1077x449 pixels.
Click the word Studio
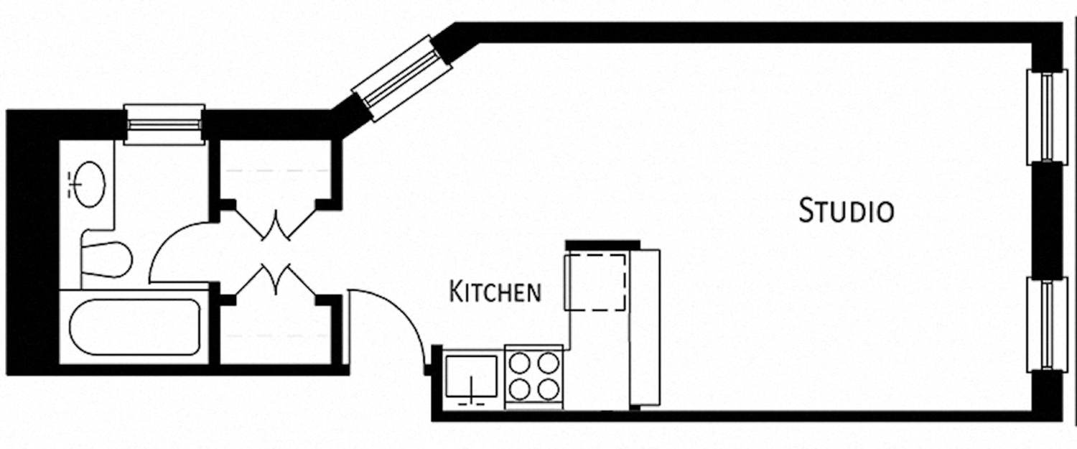pyautogui.click(x=847, y=212)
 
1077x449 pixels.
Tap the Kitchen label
pyautogui.click(x=495, y=292)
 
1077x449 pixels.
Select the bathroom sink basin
pyautogui.click(x=89, y=185)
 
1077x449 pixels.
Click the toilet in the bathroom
pyautogui.click(x=106, y=259)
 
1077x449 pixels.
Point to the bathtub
pyautogui.click(x=134, y=327)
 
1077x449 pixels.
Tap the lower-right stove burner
pyautogui.click(x=548, y=389)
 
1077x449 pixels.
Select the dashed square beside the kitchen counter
pyautogui.click(x=595, y=282)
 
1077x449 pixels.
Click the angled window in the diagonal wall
pyautogui.click(x=401, y=78)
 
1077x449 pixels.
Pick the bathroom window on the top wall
pyautogui.click(x=164, y=124)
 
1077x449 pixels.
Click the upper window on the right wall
pyautogui.click(x=1045, y=117)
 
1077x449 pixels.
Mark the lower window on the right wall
pyautogui.click(x=1045, y=324)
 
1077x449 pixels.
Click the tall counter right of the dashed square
pyautogui.click(x=644, y=328)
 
